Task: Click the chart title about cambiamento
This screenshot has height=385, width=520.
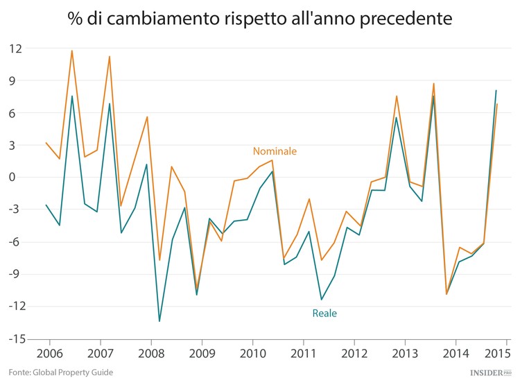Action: tap(260, 18)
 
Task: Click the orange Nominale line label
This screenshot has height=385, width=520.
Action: tap(275, 151)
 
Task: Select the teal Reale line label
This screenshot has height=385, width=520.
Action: tap(324, 313)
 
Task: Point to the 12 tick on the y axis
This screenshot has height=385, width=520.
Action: tap(15, 49)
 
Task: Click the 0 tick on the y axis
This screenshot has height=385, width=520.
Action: tap(18, 178)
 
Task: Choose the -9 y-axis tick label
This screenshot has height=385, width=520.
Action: tap(16, 275)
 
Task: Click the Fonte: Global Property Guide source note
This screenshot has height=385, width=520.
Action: tap(56, 373)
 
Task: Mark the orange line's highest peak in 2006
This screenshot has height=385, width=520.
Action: tap(72, 50)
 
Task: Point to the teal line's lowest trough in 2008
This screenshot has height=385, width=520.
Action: tap(159, 321)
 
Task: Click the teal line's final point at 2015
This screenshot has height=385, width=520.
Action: tap(496, 90)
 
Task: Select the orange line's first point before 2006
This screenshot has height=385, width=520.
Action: tap(46, 143)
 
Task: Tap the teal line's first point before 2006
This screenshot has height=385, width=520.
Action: tap(46, 205)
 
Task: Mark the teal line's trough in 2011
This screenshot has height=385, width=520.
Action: tap(321, 300)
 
